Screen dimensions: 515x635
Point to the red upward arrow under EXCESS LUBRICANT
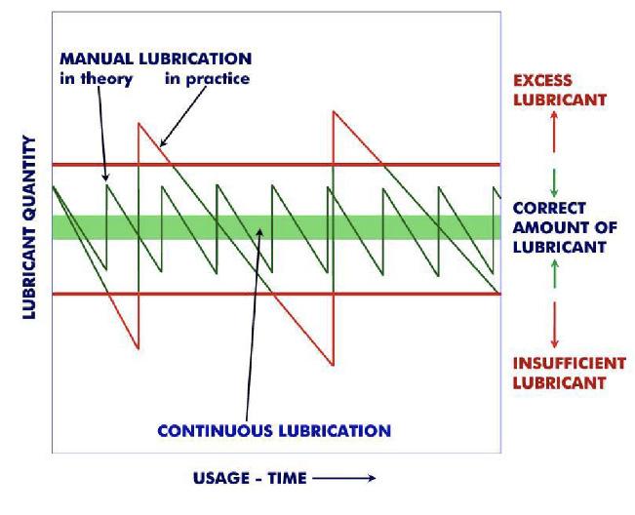[554, 132]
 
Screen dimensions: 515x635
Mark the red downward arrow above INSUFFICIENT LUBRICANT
[554, 324]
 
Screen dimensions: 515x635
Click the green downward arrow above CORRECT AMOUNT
[554, 181]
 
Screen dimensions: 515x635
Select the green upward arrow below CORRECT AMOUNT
[554, 273]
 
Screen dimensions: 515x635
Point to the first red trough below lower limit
[139, 347]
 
